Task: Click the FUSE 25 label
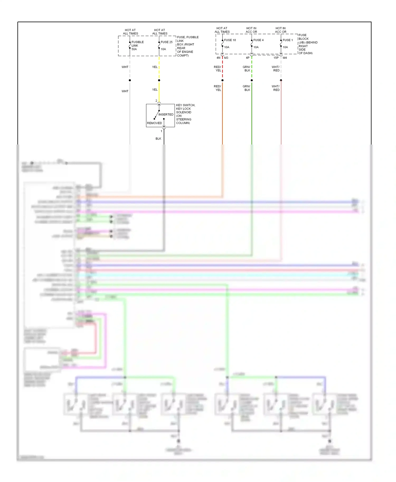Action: tap(166, 42)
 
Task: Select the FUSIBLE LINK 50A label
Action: tap(137, 45)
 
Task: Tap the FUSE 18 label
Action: tap(230, 40)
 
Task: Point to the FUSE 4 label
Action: tap(258, 40)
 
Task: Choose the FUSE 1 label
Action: tap(287, 40)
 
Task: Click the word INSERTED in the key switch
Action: tap(166, 114)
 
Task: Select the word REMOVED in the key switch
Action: tap(154, 123)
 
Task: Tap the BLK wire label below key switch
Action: tap(158, 139)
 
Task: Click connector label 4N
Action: tap(218, 58)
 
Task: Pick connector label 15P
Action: tap(276, 58)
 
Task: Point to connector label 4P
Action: tap(248, 58)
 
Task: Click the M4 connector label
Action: tap(285, 58)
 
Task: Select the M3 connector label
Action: tap(226, 58)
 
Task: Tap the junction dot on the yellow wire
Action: tap(159, 80)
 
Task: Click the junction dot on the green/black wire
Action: tap(252, 80)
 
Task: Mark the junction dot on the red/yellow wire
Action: tap(222, 80)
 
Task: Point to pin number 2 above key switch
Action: tap(156, 101)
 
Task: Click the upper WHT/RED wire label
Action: tap(276, 69)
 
